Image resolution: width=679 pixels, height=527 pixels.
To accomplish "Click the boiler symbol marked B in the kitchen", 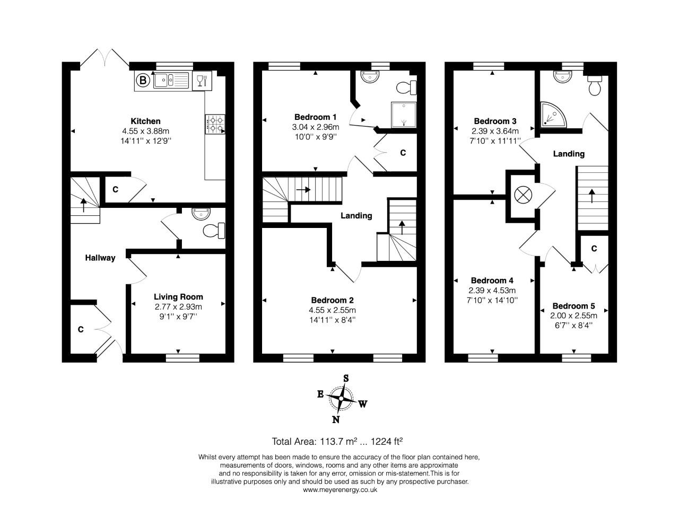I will coord(142,81).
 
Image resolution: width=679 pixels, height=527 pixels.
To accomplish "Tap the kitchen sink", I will coord(171,81).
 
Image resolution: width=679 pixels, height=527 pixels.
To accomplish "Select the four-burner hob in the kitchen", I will coord(215,124).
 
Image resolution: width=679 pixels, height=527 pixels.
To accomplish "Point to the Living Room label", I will coord(178,297).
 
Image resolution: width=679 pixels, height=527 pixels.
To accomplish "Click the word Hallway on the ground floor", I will coord(100,258).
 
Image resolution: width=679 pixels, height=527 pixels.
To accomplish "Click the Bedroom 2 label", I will coord(332,300).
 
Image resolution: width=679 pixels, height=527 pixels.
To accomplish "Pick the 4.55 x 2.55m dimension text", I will coord(332,310).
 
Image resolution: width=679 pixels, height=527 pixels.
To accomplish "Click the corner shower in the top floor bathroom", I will coord(553,116).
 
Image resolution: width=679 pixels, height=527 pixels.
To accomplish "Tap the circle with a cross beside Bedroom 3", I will coord(523,195).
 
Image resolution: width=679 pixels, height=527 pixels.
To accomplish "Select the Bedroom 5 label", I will coord(573,306).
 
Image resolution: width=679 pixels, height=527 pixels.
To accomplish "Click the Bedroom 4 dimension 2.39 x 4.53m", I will coord(492,291).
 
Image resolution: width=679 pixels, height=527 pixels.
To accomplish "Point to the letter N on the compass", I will coord(335,420).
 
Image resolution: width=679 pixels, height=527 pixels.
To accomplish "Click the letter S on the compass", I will coord(346,378).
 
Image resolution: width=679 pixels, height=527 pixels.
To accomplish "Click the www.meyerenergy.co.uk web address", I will coord(339,490).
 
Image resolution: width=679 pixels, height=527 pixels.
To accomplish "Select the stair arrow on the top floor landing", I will coord(593,195).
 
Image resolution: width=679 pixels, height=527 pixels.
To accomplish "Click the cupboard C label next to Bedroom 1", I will coord(403,153).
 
